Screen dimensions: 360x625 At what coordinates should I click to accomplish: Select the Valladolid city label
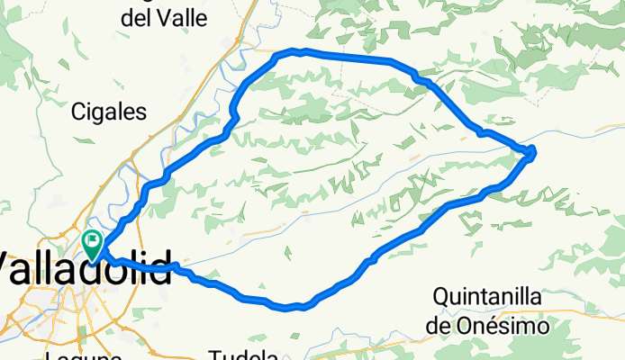click(86, 270)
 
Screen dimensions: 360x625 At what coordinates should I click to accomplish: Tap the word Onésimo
click(510, 326)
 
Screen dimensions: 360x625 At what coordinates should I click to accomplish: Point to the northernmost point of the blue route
click(304, 50)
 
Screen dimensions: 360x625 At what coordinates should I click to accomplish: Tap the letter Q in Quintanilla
click(441, 296)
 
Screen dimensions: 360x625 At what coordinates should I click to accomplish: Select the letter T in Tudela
click(214, 354)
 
